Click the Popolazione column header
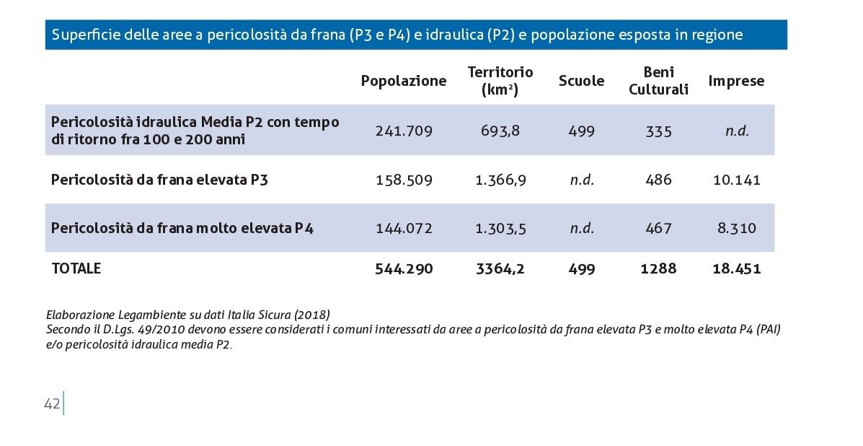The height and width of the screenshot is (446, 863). pyautogui.click(x=404, y=81)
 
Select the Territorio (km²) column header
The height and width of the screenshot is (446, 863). pyautogui.click(x=500, y=81)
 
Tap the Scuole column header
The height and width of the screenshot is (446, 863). pyautogui.click(x=581, y=81)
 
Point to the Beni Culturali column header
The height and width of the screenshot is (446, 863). pyautogui.click(x=658, y=81)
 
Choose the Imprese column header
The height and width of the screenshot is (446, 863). pyautogui.click(x=736, y=81)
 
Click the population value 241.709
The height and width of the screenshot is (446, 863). pyautogui.click(x=404, y=131)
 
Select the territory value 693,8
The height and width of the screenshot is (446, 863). pyautogui.click(x=500, y=131)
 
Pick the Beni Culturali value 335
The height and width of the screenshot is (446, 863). pyautogui.click(x=659, y=131)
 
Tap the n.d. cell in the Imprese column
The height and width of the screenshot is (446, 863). pyautogui.click(x=737, y=131)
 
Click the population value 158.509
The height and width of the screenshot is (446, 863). pyautogui.click(x=404, y=180)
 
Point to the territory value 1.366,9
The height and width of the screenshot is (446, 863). pyautogui.click(x=500, y=180)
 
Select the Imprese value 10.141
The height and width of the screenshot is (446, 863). pyautogui.click(x=737, y=180)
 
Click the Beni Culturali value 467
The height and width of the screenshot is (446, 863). pyautogui.click(x=659, y=228)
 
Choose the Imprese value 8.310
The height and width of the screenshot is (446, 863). pyautogui.click(x=737, y=228)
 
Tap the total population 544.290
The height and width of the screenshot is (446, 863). pyautogui.click(x=404, y=268)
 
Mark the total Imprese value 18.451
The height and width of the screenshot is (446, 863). pyautogui.click(x=737, y=268)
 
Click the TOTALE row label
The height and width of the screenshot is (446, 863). pyautogui.click(x=76, y=268)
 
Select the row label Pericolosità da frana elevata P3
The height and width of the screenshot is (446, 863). pyautogui.click(x=159, y=180)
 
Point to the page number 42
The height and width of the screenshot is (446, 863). pyautogui.click(x=52, y=404)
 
